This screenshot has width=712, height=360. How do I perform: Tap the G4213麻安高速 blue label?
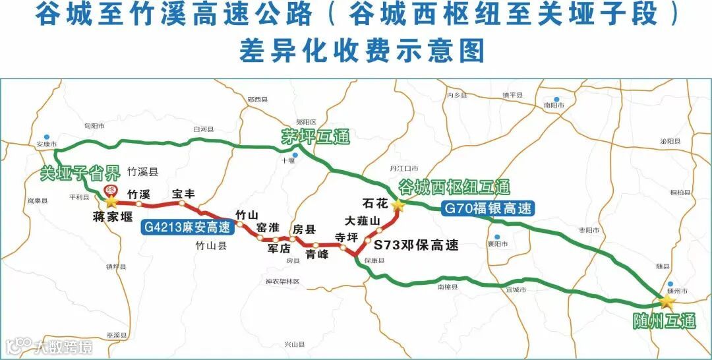coord(187,228)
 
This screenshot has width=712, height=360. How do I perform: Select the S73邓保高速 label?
coord(415,245)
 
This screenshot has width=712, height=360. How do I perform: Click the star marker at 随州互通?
coord(667,302)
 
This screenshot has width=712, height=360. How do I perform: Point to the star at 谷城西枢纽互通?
coord(398,206)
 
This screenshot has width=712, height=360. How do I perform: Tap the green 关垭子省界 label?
coord(80,173)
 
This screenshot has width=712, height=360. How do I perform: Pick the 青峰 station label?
coord(316,254)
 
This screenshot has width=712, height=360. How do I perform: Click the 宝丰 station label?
coord(184,194)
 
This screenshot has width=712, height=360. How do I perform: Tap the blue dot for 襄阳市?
coord(498,237)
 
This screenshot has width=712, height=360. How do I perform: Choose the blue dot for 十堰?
coord(296,156)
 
